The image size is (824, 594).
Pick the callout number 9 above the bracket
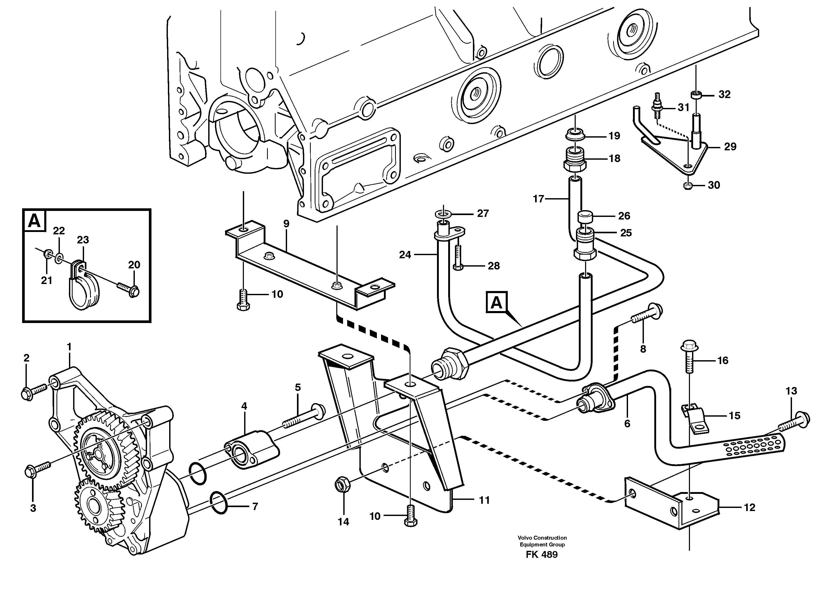point(286,224)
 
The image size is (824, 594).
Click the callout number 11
point(484,500)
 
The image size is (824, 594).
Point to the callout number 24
point(405,255)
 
